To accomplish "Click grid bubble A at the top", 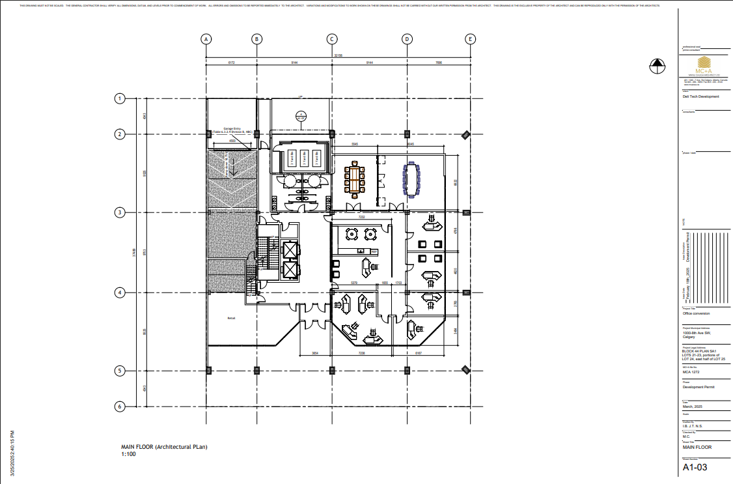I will [206, 39].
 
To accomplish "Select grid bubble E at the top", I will [470, 39].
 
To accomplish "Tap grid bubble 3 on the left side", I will [120, 212].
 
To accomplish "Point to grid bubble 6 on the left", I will [120, 406].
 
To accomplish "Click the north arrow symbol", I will [657, 65].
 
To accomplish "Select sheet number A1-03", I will [695, 467].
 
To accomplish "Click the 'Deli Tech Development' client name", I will [700, 96].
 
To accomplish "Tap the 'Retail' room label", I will [231, 318].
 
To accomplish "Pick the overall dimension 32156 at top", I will [338, 56].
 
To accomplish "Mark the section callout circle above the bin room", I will [301, 117].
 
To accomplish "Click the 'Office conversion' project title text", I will [696, 313].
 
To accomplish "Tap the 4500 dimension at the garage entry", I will [232, 140].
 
